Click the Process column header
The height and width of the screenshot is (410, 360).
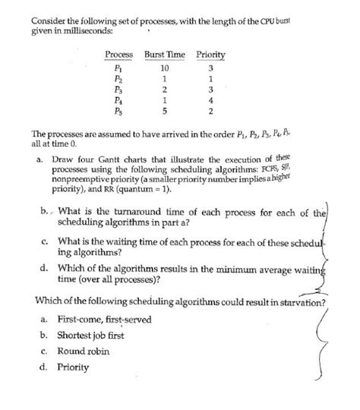coord(118,55)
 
